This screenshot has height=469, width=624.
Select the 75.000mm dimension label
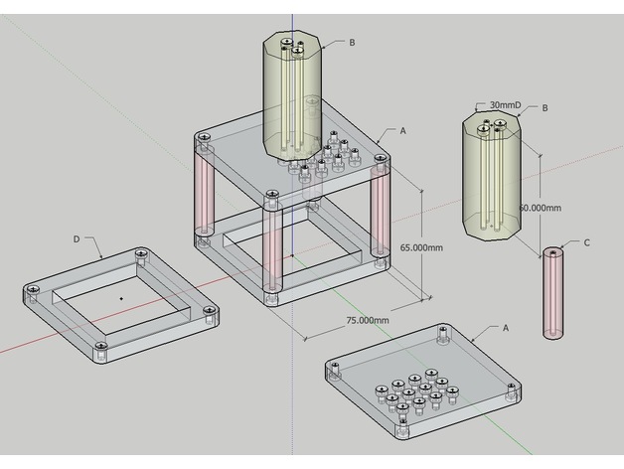click(x=368, y=320)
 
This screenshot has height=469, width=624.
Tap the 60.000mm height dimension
click(x=540, y=208)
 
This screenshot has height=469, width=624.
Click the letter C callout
click(x=586, y=242)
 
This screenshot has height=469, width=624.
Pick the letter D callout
click(x=77, y=239)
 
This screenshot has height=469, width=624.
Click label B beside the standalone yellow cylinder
click(x=545, y=107)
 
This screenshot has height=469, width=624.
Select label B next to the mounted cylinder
click(x=352, y=43)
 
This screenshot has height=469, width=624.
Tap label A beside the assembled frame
click(x=402, y=130)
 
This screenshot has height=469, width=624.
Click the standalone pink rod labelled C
click(x=552, y=293)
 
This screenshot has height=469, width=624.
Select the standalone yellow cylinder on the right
click(x=494, y=179)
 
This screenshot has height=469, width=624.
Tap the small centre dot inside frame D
click(x=121, y=297)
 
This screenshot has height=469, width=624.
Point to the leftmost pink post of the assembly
click(x=204, y=193)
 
